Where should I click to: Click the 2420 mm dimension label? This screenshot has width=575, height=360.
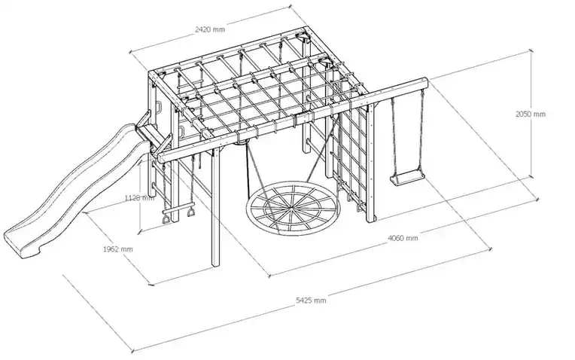click(x=209, y=29)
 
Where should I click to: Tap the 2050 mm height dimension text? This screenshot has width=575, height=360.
click(x=531, y=114)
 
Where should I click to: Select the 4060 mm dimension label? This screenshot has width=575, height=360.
click(x=403, y=238)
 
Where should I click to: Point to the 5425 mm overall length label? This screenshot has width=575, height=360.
click(x=311, y=301)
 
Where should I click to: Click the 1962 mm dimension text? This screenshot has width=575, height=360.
click(x=117, y=249)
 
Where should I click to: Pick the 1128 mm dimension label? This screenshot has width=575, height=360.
click(x=139, y=198)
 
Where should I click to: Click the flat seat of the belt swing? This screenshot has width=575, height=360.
click(x=407, y=178)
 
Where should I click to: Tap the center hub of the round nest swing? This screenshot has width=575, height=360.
click(x=290, y=210)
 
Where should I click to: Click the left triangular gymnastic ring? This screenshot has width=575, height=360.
click(x=166, y=219)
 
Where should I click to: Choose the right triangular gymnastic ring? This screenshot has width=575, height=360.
click(x=191, y=212)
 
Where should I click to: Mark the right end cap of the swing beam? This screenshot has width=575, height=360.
click(x=425, y=82)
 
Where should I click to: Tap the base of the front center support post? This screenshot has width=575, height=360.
click(x=215, y=264)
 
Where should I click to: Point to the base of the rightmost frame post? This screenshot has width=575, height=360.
click(x=371, y=219)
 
